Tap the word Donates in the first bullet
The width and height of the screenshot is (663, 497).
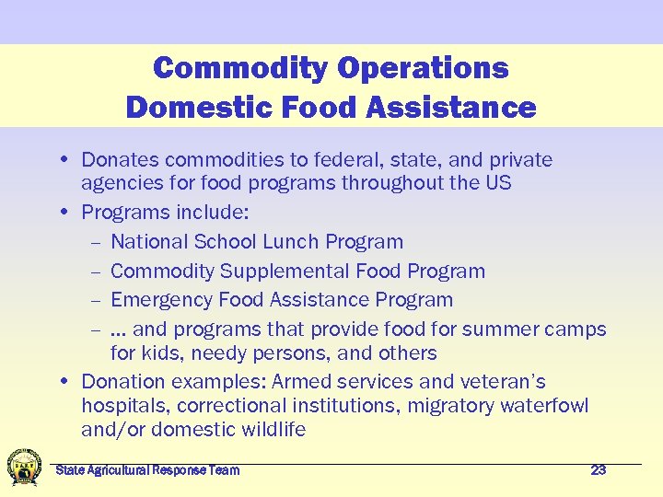coord(117,160)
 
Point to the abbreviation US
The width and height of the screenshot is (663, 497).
coord(498,182)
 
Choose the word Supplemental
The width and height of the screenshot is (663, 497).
coord(281,272)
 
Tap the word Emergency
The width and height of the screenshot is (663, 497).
coord(159,300)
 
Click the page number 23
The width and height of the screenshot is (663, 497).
coord(598,470)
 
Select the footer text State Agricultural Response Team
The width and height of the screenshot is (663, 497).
coord(147,470)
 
